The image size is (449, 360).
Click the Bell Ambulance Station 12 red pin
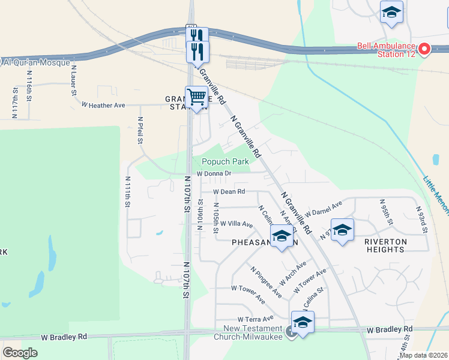tap(425, 49)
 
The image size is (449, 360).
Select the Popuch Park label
tap(225, 161)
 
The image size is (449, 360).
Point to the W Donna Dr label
tap(213, 173)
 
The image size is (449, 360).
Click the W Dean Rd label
tap(229, 191)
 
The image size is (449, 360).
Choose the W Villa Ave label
tap(237, 224)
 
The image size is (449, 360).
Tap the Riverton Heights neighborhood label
tap(385, 245)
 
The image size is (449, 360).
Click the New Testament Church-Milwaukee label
tap(253, 332)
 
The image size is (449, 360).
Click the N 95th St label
tap(385, 215)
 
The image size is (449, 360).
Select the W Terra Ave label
tap(255, 319)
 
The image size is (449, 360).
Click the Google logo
tap(20, 352)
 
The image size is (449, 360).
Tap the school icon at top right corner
tap(391, 13)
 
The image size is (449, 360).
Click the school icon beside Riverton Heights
tap(342, 230)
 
